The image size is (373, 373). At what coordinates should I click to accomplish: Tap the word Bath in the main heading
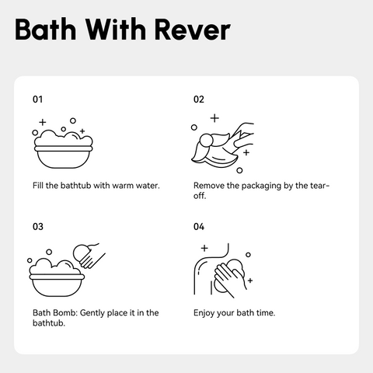pos(46,30)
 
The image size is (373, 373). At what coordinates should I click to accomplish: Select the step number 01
pos(38,99)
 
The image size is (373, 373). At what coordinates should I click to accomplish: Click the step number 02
pos(199,99)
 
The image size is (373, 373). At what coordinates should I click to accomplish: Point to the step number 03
pos(38,227)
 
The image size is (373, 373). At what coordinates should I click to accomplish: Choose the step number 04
pos(199,227)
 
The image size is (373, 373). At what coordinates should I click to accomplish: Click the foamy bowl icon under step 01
pos(63,143)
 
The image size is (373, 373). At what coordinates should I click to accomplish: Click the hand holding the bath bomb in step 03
pos(89,255)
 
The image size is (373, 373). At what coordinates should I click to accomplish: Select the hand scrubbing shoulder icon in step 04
pos(222,270)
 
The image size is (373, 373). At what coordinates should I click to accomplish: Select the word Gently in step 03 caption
pos(92,313)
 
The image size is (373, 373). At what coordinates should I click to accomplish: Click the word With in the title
pos(116,30)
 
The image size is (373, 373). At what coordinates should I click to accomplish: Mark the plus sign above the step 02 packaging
pos(214,118)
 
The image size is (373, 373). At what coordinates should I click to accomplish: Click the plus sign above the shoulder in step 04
pos(204,248)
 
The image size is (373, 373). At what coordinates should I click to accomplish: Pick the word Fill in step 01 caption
pos(37,186)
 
